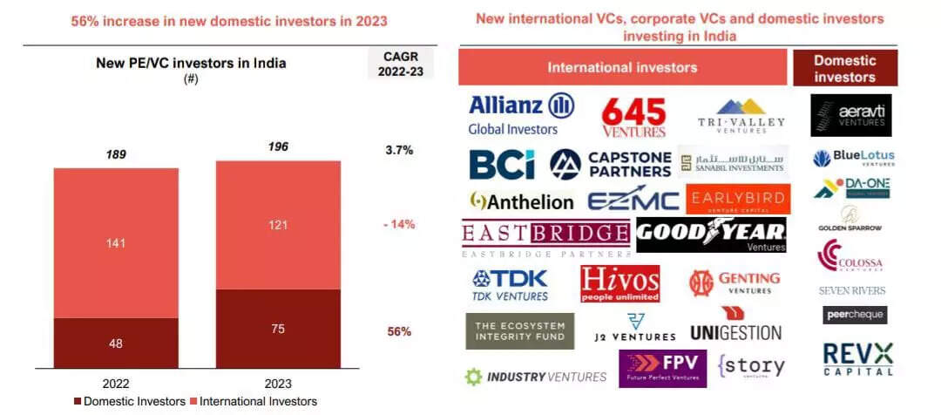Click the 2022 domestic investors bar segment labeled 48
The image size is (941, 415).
pyautogui.click(x=115, y=343)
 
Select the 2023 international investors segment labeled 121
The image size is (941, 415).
pyautogui.click(x=278, y=225)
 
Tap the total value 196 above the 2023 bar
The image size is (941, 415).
pyautogui.click(x=278, y=146)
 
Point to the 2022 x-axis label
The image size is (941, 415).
pyautogui.click(x=115, y=384)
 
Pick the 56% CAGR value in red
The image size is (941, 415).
pyautogui.click(x=399, y=331)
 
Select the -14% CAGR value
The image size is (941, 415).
pyautogui.click(x=398, y=224)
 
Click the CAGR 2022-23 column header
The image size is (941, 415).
pyautogui.click(x=400, y=64)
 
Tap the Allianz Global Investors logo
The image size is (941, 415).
pyautogui.click(x=521, y=114)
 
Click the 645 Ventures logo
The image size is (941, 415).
pyautogui.click(x=633, y=117)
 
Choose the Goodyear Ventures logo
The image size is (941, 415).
pyautogui.click(x=711, y=235)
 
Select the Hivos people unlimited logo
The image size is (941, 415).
pyautogui.click(x=619, y=283)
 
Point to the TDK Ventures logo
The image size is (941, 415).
pyautogui.click(x=510, y=284)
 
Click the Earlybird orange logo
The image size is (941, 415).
pyautogui.click(x=738, y=199)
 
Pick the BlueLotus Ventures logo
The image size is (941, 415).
pyautogui.click(x=853, y=159)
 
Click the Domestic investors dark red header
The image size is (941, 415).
pyautogui.click(x=844, y=69)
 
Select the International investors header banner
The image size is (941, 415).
pyautogui.click(x=622, y=67)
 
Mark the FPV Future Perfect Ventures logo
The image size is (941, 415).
pyautogui.click(x=662, y=368)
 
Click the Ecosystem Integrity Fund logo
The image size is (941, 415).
pyautogui.click(x=519, y=330)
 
